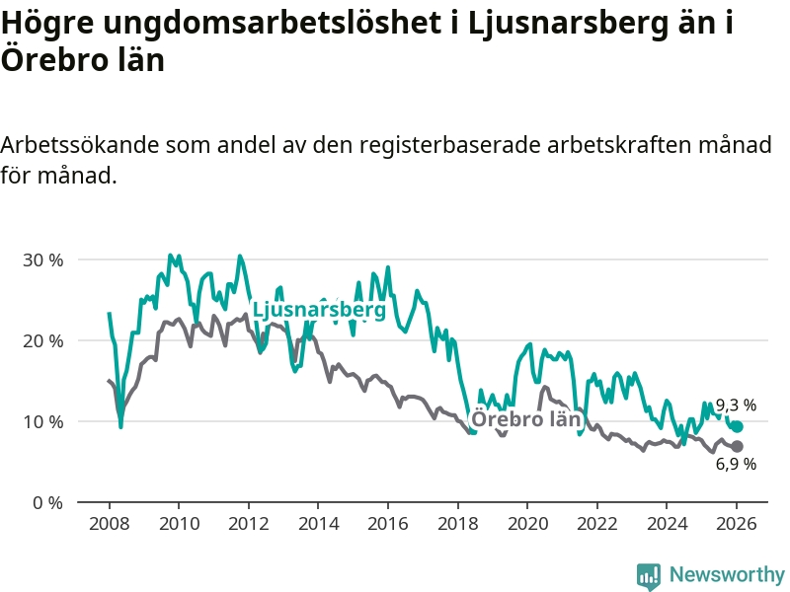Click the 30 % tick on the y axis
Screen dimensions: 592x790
point(42,260)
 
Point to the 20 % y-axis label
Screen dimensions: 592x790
point(42,341)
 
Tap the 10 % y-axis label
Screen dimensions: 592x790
point(42,422)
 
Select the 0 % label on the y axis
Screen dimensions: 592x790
point(47,503)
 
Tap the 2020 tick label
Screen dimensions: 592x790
point(527,523)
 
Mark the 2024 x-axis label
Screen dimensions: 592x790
point(667,523)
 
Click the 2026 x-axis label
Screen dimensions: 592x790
point(737,523)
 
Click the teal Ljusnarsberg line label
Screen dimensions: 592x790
point(319,310)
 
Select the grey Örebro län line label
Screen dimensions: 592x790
point(524,419)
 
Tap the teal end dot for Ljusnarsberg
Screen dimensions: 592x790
point(737,427)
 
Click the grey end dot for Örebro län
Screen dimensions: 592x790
point(737,446)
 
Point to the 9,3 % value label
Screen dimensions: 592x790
point(736,406)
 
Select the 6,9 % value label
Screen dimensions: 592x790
point(736,464)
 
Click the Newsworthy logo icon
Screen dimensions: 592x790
point(649,575)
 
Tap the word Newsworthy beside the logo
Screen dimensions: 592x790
point(727,574)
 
